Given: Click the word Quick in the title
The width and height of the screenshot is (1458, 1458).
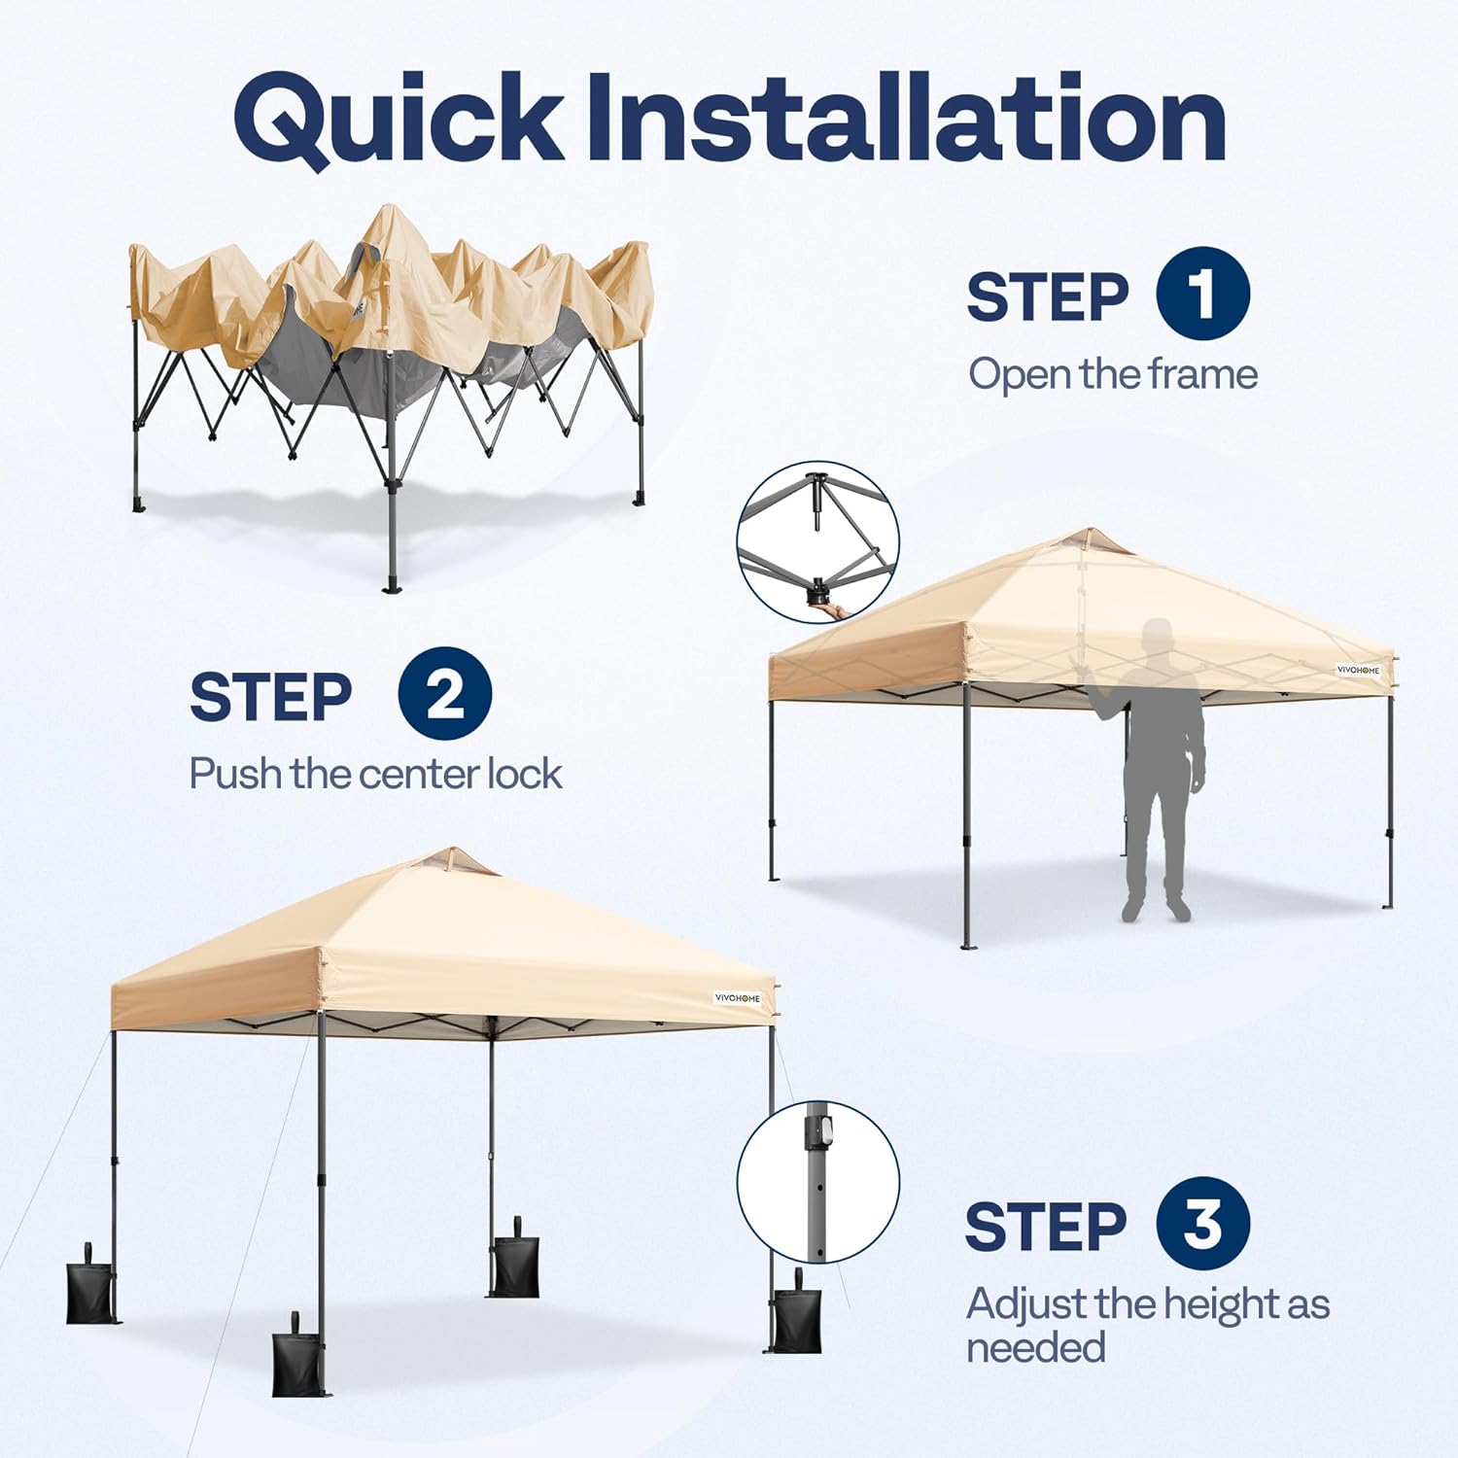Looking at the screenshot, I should pos(399,119).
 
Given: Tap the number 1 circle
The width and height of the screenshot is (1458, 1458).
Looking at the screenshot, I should pos(1202,294).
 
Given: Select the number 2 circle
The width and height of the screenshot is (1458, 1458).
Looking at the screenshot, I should pos(445,694).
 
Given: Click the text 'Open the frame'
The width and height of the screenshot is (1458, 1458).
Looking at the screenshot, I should pos(1113,374).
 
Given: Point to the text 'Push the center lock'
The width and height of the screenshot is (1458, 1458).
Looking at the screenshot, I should pos(375,775).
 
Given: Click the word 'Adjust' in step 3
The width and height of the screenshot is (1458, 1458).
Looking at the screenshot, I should pos(1025,1304).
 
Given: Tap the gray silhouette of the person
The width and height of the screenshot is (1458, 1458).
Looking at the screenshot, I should pos(1157,768).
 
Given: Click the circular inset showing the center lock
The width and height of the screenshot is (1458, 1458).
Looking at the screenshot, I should pos(817,541).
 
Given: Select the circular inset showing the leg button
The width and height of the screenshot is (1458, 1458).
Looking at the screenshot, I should pos(817,1181).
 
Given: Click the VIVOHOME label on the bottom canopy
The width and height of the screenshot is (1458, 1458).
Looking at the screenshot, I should pos(738,998).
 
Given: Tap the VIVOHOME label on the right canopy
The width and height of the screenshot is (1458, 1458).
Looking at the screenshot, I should pos(1358,670).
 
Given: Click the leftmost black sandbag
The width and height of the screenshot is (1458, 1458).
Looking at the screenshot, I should pos(89,1289).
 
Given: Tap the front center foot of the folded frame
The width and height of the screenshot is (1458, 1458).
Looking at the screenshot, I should pos(393,586).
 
